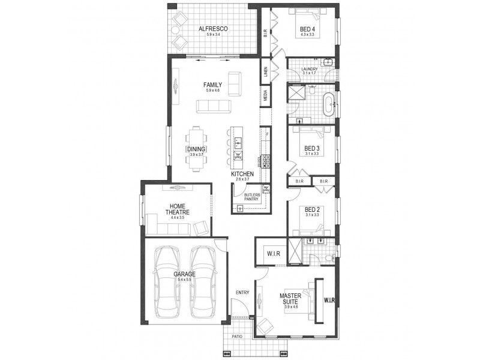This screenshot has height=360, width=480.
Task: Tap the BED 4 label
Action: [x=307, y=29]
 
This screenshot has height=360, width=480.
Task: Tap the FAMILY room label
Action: [x=214, y=85]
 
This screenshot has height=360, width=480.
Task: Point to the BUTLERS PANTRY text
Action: [x=251, y=197]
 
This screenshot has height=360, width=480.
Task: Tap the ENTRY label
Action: [x=242, y=292]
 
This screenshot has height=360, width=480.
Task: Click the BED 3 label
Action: [x=311, y=148]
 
